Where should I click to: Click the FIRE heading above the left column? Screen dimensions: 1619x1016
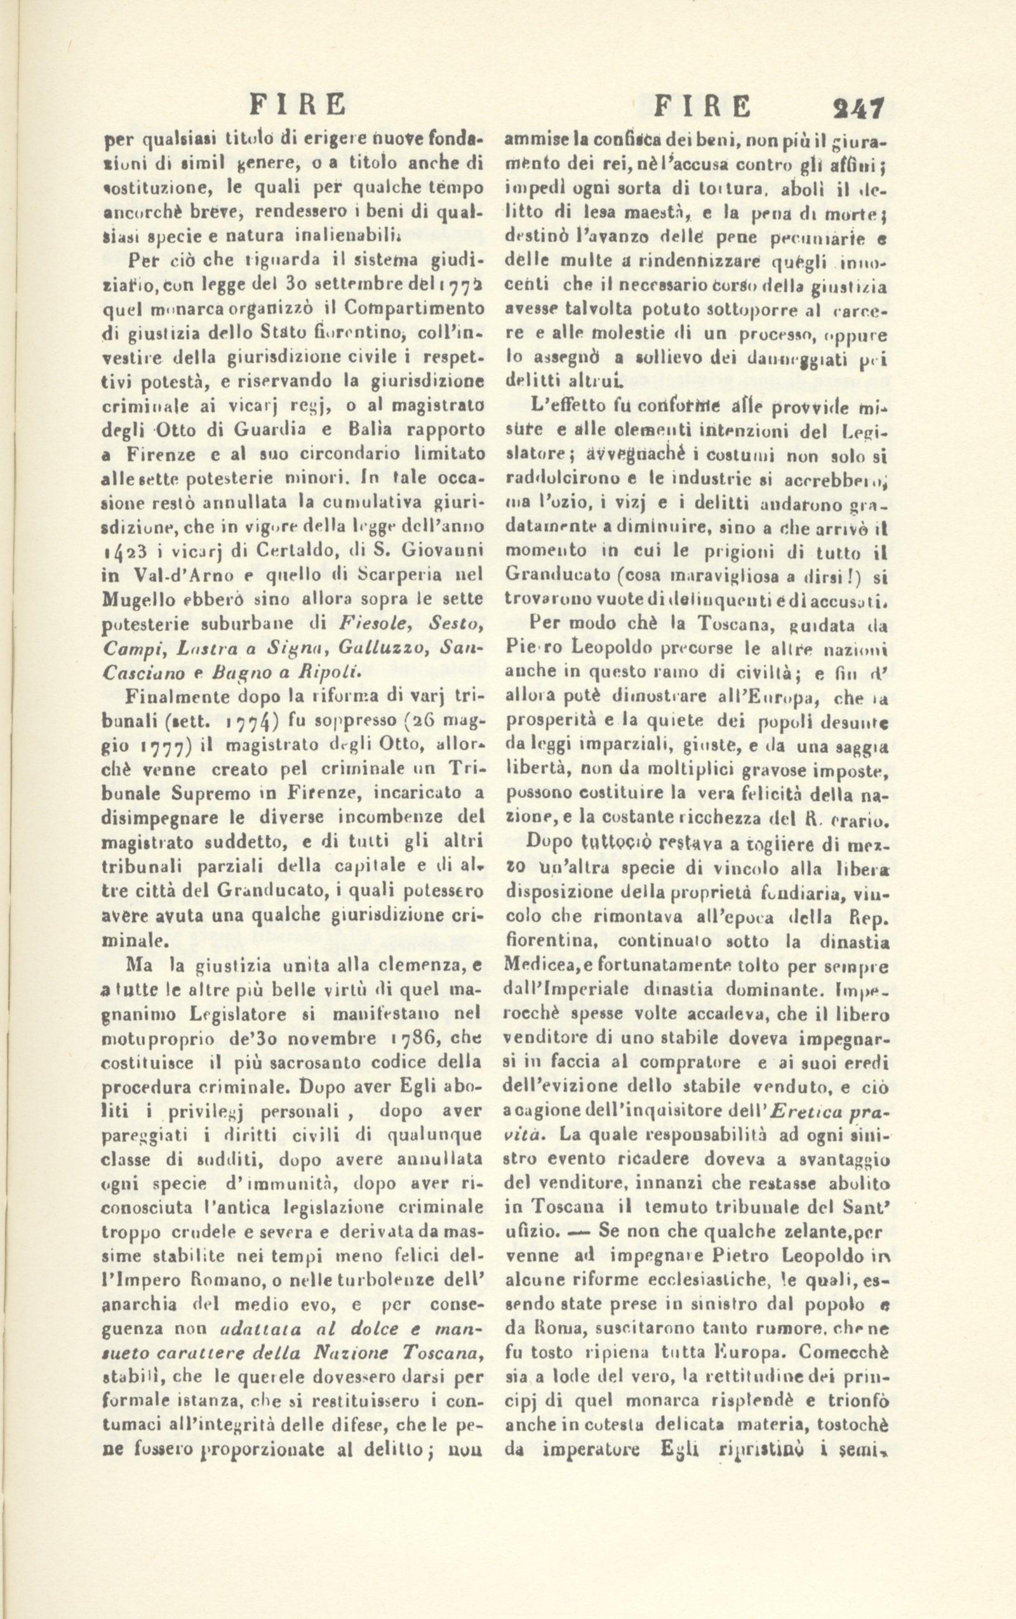[297, 107]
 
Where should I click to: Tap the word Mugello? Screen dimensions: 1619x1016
[139, 600]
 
